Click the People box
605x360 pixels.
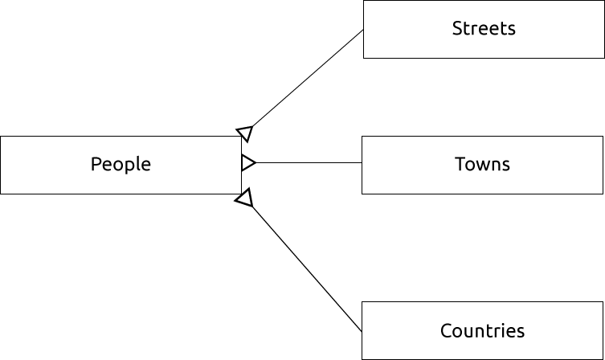coord(121,165)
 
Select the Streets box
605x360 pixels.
coord(484,30)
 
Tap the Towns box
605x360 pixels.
coord(482,165)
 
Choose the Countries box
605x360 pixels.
coord(482,330)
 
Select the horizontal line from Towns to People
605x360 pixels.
coord(309,163)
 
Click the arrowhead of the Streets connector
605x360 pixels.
coord(245,133)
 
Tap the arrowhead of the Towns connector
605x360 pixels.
coord(247,163)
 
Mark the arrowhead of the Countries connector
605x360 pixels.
coord(244,198)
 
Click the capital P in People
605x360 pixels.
coord(96,165)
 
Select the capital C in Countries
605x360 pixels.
coord(446,330)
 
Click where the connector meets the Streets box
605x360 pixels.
coord(363,31)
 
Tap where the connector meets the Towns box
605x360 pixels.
coord(362,163)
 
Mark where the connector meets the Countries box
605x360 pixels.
coord(362,331)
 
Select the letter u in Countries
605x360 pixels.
coord(468,332)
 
